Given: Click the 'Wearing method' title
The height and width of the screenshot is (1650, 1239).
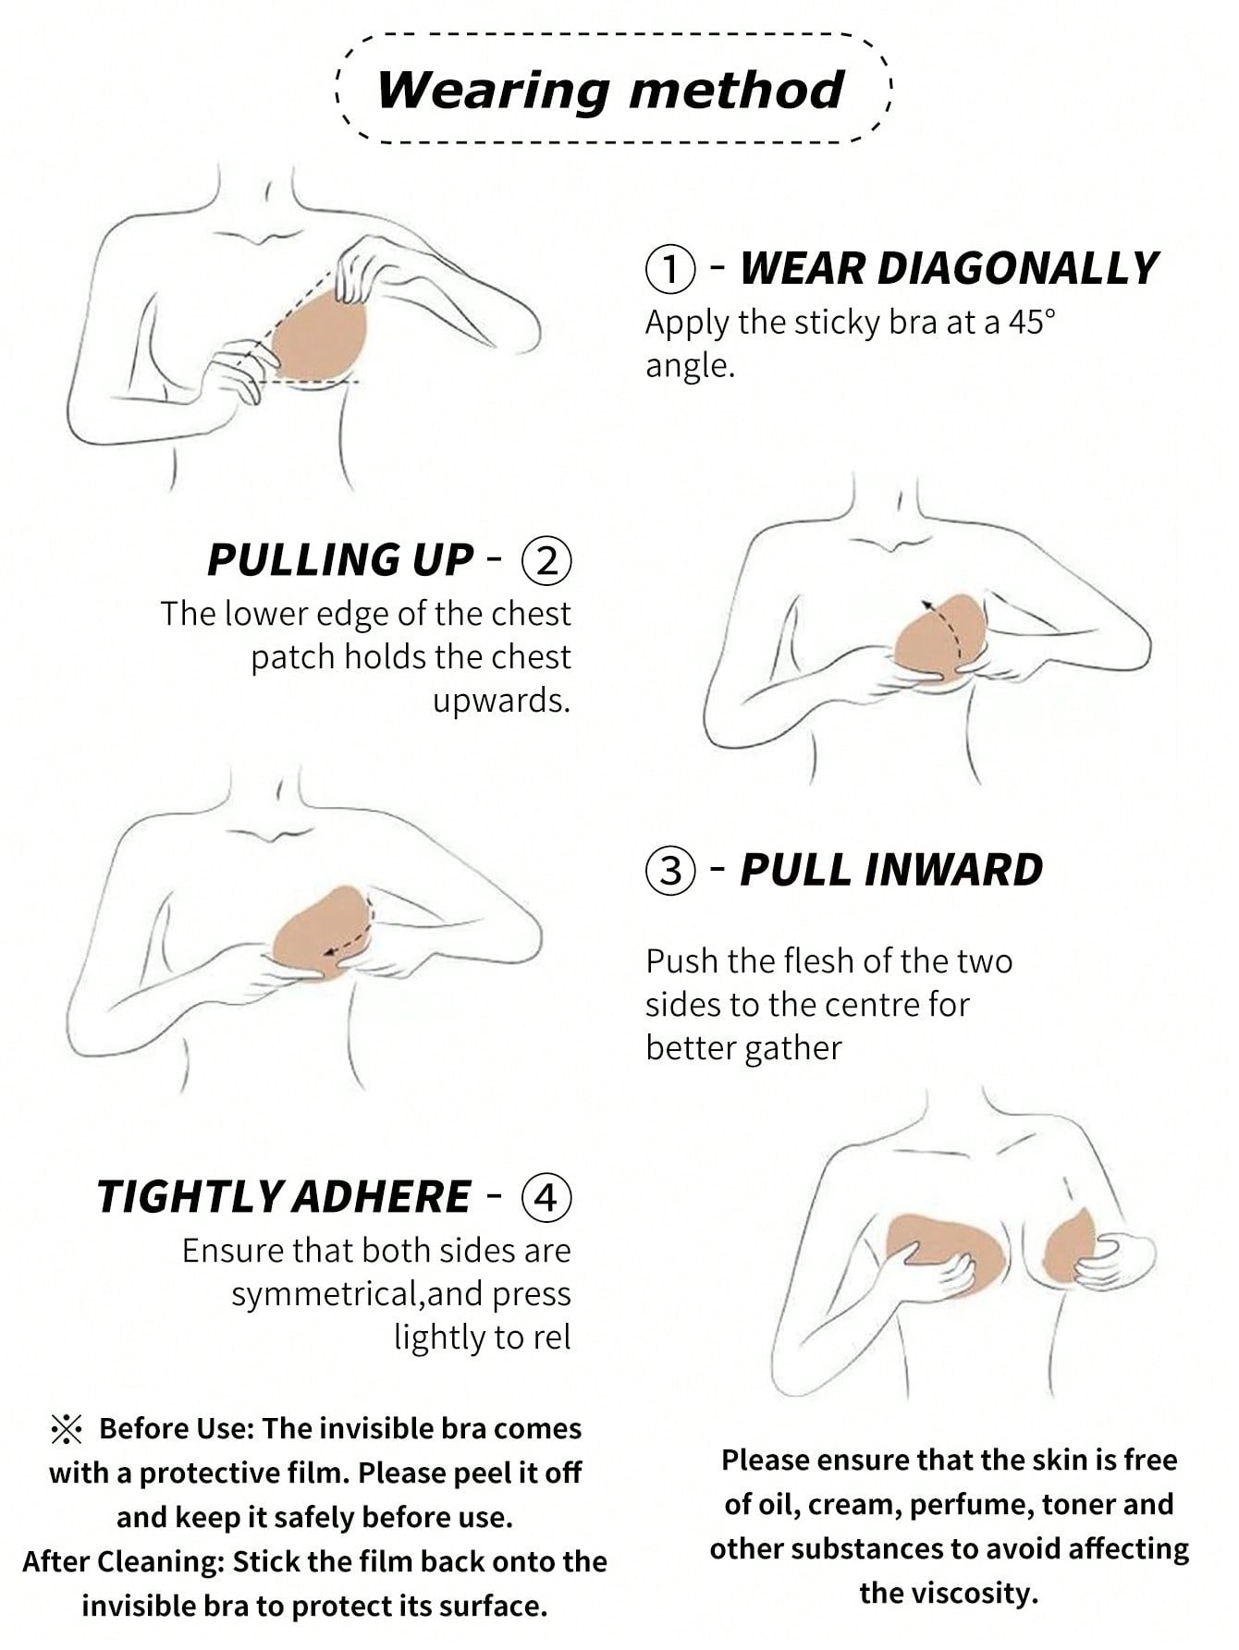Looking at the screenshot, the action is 610,90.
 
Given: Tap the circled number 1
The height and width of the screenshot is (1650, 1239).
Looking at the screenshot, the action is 669,269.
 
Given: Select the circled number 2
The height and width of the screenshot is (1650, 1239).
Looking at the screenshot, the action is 547,560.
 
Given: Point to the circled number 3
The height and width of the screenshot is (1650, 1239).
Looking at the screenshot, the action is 669,871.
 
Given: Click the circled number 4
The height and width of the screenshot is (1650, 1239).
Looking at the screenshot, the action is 547,1197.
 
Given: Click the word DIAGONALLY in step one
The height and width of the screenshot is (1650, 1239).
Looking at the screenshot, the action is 949,269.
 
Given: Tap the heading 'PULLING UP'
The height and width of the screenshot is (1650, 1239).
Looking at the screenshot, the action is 340,560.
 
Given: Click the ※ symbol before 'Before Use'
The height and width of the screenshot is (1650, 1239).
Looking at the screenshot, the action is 67,1430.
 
